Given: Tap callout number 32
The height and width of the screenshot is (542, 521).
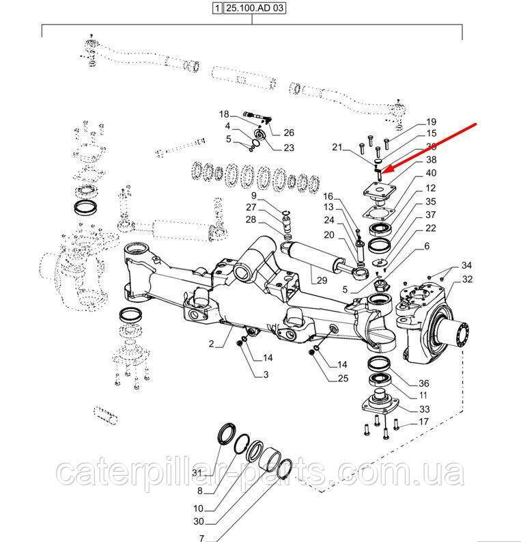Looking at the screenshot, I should pos(467,279).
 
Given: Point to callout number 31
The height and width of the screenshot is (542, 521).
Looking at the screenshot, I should pos(197,473).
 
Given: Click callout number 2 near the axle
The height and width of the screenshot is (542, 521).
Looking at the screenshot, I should pos(212,344).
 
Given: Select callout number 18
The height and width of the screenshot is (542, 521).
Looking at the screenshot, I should pos(224,113).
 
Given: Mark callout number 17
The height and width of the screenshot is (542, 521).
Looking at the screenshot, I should pos(423,422).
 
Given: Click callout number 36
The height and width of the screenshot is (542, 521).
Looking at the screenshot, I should pos(423,383).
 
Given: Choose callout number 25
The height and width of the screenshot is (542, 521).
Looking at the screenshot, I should pos(342,379).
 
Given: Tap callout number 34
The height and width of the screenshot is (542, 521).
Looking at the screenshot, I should pos(466,265).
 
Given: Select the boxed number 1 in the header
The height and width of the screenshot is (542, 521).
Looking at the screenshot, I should pos(216,9).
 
